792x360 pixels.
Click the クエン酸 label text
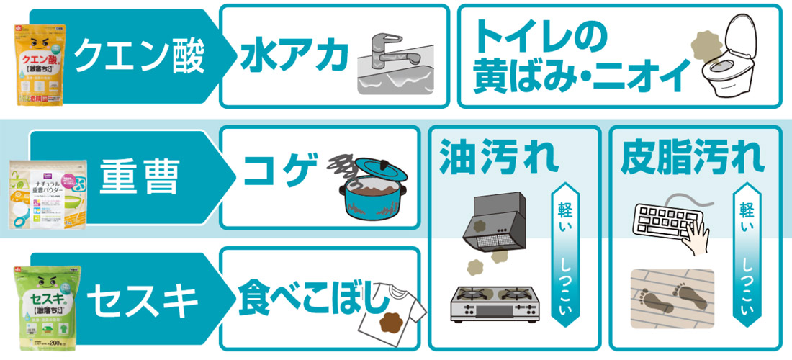[x=140, y=54]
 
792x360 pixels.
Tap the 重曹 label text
[x=138, y=177]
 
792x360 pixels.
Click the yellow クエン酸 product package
[x=41, y=65]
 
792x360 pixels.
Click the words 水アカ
[x=291, y=55]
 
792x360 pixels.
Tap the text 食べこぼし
[x=312, y=294]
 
